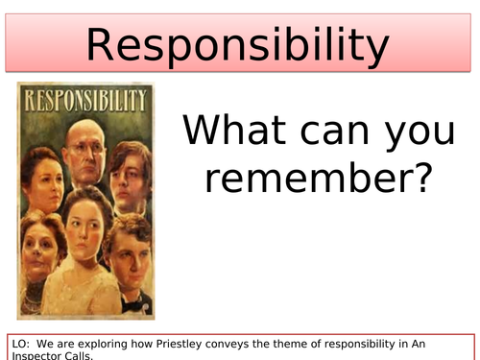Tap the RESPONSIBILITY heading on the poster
[x=85, y=100]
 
